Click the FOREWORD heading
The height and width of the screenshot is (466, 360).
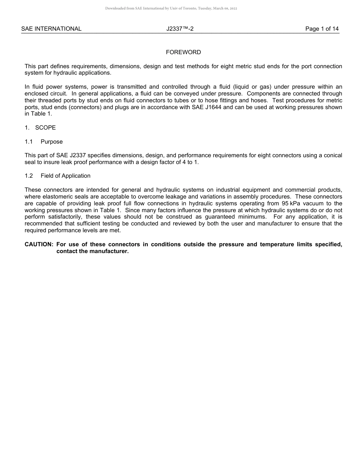[x=183, y=52]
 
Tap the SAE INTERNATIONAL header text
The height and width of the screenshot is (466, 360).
[x=51, y=29]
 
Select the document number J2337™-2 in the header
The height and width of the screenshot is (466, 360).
[x=180, y=29]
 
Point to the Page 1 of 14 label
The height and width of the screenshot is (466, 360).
[x=322, y=29]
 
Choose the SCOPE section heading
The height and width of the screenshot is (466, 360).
[x=45, y=128]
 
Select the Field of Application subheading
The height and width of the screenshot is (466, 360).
[x=66, y=176]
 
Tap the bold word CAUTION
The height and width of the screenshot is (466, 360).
[x=39, y=244]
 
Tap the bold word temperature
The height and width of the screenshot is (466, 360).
[x=278, y=244]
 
